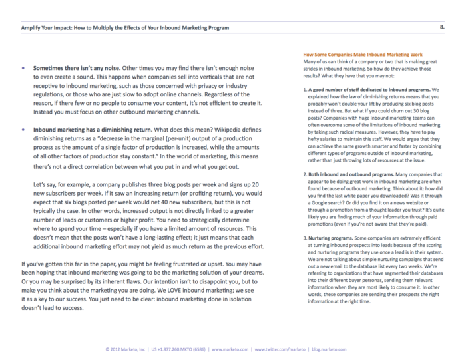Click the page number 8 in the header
point(443,28)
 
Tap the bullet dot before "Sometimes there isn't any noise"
point(23,69)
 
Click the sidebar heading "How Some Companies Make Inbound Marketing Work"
point(362,54)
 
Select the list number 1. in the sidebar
point(306,89)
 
